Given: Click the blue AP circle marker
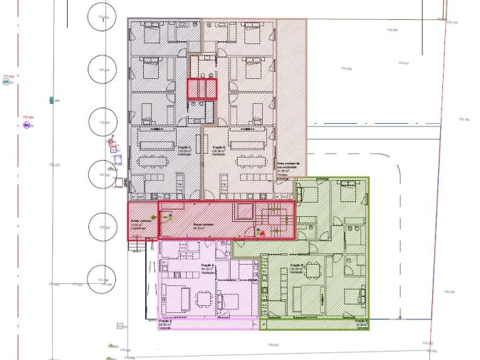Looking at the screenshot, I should (x=6, y=82).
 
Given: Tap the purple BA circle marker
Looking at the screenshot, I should (x=26, y=125).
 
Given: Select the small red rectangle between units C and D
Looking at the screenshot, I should (x=202, y=89).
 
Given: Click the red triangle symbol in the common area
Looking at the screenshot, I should (x=262, y=232).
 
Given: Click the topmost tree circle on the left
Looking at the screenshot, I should (x=103, y=18).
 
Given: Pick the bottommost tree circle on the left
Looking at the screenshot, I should (x=103, y=280).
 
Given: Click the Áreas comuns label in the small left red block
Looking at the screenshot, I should (x=141, y=222).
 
